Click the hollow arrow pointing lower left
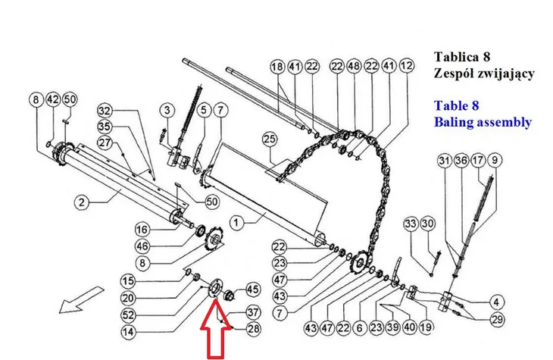coord(81,300)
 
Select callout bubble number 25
coord(270,139)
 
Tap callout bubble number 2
coord(82,202)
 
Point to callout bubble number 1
coord(236,223)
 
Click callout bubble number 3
coord(167,110)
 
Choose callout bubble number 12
coord(407,66)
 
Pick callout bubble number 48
coord(354,66)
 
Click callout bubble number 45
coord(252,290)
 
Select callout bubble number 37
coord(253,312)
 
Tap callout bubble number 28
coord(253,329)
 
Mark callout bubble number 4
coord(497,302)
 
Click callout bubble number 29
coord(497,320)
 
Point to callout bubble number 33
coord(411,224)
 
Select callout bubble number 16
coord(142,230)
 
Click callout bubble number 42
coord(53,99)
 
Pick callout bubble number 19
coord(426,327)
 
